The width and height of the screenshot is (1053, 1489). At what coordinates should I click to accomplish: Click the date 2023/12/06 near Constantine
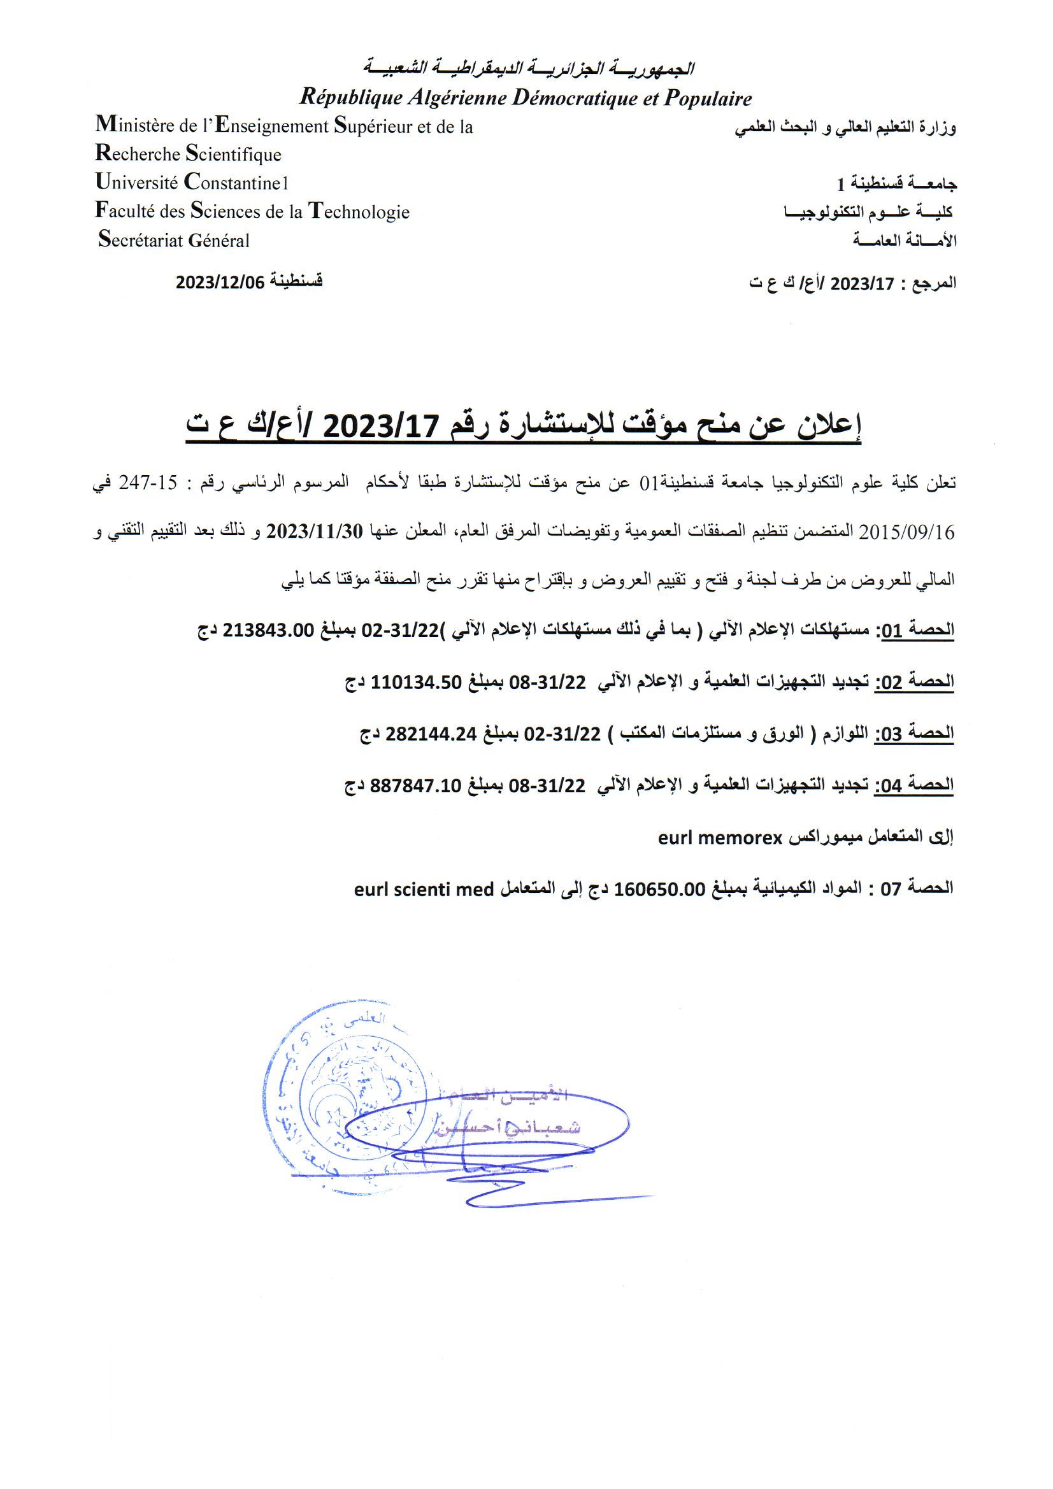[x=220, y=282]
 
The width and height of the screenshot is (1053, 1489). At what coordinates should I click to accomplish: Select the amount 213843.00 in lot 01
[x=268, y=630]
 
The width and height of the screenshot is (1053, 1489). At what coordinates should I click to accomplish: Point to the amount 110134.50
[x=416, y=681]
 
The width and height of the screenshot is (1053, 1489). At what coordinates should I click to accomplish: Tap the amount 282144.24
[x=431, y=734]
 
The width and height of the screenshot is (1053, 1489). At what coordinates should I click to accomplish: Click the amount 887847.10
[x=415, y=785]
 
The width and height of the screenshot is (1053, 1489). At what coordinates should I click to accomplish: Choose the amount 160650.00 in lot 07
[x=659, y=888]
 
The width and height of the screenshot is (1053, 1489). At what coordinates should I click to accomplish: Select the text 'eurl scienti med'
[x=424, y=889]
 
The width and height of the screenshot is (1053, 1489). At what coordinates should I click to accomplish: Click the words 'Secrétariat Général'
[x=174, y=240]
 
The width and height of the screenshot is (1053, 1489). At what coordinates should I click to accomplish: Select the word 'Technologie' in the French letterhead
[x=359, y=211]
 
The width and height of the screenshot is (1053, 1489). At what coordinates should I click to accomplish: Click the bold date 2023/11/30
[x=314, y=531]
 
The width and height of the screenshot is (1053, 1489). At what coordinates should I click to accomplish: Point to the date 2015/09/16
[x=906, y=532]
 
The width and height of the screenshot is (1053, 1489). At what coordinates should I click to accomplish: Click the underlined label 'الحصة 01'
[x=915, y=630]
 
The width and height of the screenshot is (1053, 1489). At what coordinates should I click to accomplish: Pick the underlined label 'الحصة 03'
[x=915, y=734]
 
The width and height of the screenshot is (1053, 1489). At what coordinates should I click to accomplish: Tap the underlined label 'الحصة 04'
[x=915, y=785]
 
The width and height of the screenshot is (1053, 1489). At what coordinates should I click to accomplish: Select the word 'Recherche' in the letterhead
[x=138, y=153]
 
